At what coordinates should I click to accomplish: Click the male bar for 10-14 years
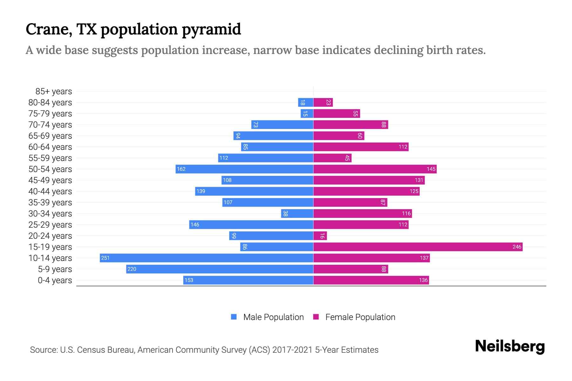click(x=207, y=258)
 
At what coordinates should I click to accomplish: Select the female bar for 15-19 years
click(x=418, y=247)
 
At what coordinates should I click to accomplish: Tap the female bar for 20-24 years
click(x=320, y=236)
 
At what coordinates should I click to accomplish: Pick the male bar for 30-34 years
click(x=297, y=213)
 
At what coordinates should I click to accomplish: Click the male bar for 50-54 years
click(x=244, y=169)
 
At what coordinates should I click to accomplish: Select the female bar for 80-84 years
click(x=323, y=102)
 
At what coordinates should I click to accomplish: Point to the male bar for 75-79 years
click(x=307, y=113)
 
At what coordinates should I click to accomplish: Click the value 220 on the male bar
click(x=132, y=269)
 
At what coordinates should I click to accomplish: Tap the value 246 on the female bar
click(x=517, y=247)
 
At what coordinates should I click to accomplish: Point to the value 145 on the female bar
click(x=431, y=169)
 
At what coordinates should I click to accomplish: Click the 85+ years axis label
click(x=53, y=91)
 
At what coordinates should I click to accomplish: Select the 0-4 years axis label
click(x=55, y=280)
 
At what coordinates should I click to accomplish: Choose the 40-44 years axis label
click(x=50, y=191)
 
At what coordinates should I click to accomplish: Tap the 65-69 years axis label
click(x=50, y=136)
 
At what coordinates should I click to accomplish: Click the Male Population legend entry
click(x=273, y=317)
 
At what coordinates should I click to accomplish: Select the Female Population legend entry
click(x=360, y=317)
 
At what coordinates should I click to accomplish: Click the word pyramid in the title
click(x=211, y=30)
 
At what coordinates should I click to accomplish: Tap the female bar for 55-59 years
click(x=332, y=158)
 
